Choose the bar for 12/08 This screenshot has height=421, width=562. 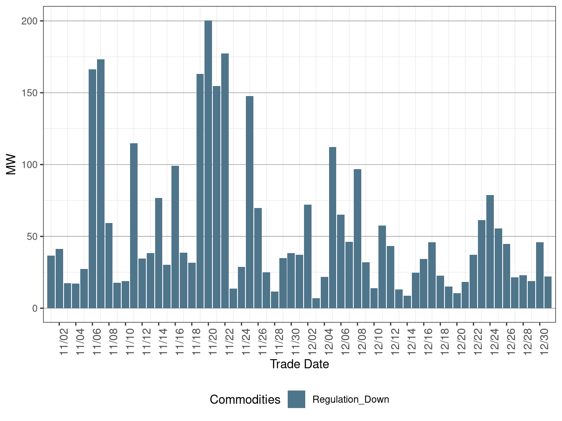click(358, 238)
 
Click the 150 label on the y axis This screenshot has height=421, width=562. click(29, 93)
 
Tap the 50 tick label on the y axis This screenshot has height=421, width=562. click(31, 236)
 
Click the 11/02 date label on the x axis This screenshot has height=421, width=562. click(64, 342)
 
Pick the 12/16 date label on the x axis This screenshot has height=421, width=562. click(428, 342)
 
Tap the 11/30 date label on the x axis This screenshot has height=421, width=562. click(296, 342)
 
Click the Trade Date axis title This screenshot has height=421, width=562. click(299, 364)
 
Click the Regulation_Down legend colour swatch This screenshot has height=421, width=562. click(296, 399)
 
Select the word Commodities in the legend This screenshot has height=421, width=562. click(245, 400)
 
